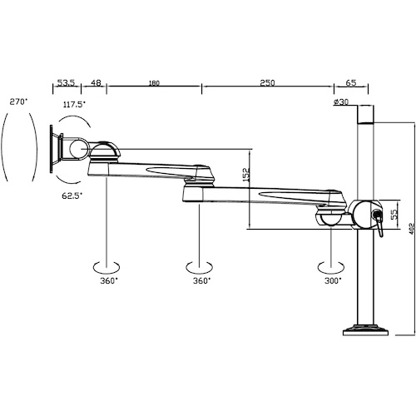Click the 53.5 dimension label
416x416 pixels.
66,82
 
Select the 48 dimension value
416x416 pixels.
96,82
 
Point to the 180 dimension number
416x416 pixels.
154,83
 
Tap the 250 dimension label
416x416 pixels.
267,82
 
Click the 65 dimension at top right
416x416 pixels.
351,82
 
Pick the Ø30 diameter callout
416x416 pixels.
340,102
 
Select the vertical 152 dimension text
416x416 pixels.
246,175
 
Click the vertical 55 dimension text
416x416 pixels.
394,214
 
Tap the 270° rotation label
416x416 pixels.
18,102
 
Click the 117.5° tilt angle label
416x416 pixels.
74,105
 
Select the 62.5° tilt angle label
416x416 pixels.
72,196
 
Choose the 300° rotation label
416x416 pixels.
333,280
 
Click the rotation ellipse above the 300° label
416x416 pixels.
331,272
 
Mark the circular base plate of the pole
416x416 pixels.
365,329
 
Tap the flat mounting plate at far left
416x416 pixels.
51,149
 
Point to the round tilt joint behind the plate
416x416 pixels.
79,149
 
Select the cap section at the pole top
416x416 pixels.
365,114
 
